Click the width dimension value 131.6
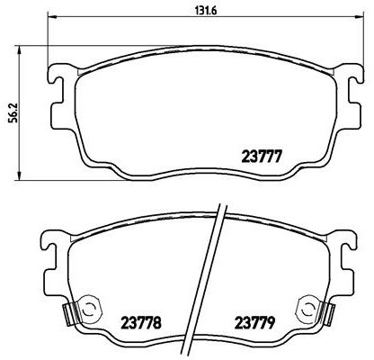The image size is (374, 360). [183, 10]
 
